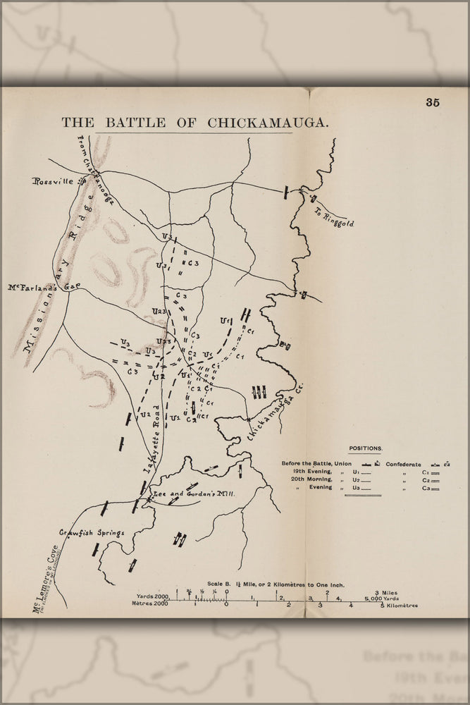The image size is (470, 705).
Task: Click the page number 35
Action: [433, 102]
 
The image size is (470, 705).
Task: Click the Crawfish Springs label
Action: [92, 533]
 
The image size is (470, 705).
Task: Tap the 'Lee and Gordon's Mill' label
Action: [193, 495]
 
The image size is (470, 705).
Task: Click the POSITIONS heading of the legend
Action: [366, 448]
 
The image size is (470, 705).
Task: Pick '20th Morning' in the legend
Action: [314, 479]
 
